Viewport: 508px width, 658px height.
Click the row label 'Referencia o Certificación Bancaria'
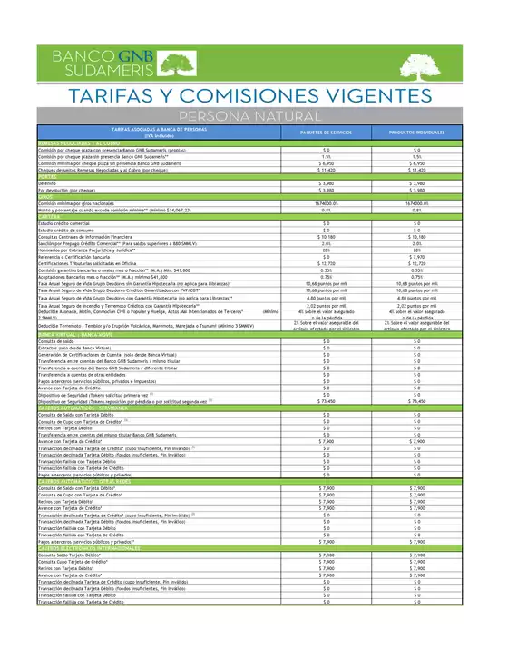pos(78,257)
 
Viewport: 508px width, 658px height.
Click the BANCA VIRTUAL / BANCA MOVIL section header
pos(83,335)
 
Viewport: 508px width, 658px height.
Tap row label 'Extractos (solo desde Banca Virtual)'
pos(83,348)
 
